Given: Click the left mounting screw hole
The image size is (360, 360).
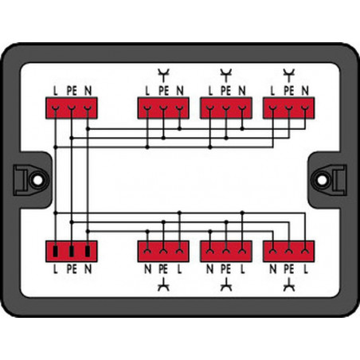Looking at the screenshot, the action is [37, 180].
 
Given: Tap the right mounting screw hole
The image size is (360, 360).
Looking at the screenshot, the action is [322, 180].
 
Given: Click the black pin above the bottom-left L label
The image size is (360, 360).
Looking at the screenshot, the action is [55, 252].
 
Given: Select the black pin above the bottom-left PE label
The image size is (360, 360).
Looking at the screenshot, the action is [72, 252].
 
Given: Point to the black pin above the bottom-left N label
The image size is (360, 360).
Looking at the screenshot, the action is [88, 252].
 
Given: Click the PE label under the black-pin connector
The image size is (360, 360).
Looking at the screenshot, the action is [72, 269].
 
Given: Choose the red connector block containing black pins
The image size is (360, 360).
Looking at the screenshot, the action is [72, 252].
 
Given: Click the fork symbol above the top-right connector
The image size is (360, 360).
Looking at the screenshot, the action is [289, 75].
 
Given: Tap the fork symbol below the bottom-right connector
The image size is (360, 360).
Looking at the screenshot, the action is [289, 284].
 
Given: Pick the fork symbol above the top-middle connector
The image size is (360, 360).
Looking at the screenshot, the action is [226, 75].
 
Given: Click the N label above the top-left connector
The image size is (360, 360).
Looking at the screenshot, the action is [88, 91].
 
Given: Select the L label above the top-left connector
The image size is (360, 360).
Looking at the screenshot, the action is [55, 91].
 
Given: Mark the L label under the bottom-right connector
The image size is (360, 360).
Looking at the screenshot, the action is [306, 269].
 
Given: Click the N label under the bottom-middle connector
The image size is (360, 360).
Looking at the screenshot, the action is [209, 269].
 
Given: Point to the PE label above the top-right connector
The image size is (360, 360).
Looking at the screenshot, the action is [289, 91].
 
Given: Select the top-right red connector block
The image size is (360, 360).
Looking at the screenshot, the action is [289, 108].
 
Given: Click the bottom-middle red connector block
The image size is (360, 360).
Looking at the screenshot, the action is [226, 252].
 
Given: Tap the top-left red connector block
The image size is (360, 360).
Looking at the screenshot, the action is [72, 108].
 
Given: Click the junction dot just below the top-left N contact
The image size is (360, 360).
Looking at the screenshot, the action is [88, 129].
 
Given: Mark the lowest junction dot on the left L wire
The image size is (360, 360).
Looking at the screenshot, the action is [55, 213].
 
